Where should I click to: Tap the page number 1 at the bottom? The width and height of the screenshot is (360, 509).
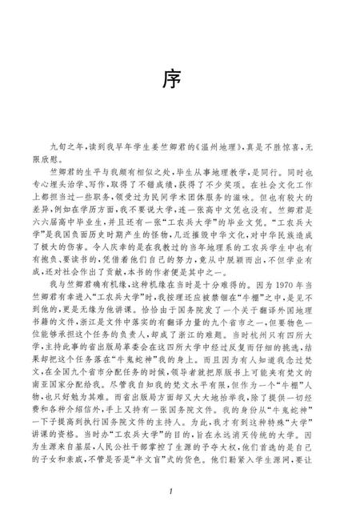181,489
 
